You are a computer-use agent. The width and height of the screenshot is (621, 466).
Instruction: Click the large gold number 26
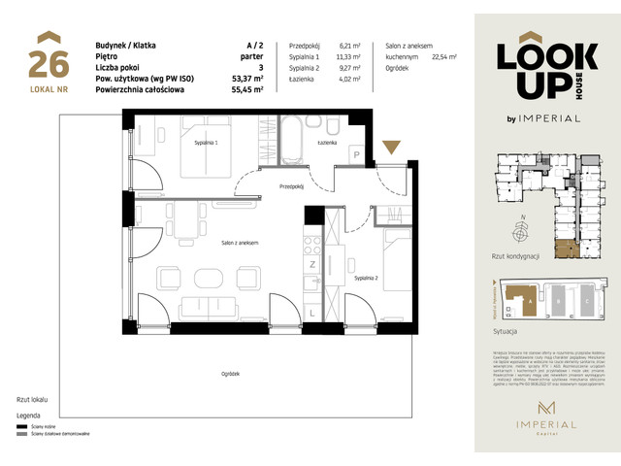48,64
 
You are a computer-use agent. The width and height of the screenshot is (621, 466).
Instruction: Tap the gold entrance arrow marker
392,148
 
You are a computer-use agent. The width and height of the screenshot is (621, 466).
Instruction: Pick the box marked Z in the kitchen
313,263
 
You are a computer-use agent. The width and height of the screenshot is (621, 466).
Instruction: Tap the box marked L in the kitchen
311,311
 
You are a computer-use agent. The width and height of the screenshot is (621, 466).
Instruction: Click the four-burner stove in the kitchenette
312,242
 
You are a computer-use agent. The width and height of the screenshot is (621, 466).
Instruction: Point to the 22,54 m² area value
443,57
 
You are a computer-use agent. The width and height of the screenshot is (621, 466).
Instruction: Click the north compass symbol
523,231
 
